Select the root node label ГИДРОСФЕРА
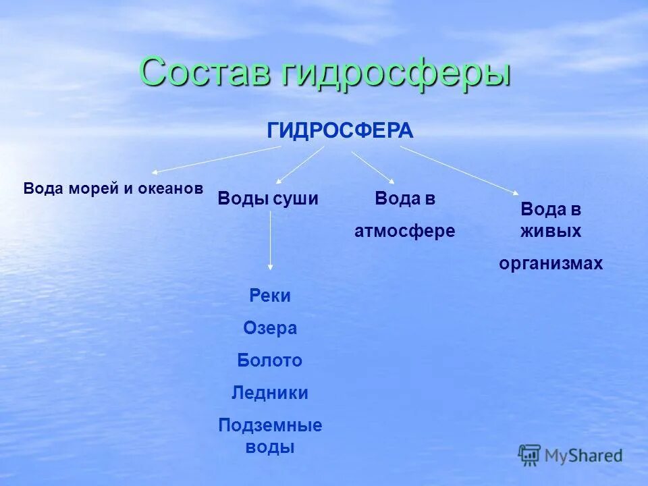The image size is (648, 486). [x=340, y=131]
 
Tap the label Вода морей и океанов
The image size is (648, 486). [x=113, y=188]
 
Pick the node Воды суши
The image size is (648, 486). [x=267, y=198]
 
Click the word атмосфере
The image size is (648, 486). [x=404, y=231]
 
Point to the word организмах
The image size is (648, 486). [x=550, y=264]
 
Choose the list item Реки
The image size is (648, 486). [x=270, y=296]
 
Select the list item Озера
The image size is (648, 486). [x=270, y=328]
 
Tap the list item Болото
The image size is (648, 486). [x=270, y=360]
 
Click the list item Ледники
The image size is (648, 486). [x=270, y=393]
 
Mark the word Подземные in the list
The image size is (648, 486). [x=270, y=425]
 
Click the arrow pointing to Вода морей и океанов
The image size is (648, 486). [x=215, y=161]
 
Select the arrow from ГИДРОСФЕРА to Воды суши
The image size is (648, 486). [x=300, y=165]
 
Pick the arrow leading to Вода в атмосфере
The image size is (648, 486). [x=373, y=166]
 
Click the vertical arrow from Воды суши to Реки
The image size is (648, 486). [x=270, y=243]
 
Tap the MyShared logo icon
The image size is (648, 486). [x=529, y=455]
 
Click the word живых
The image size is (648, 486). [x=550, y=231]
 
